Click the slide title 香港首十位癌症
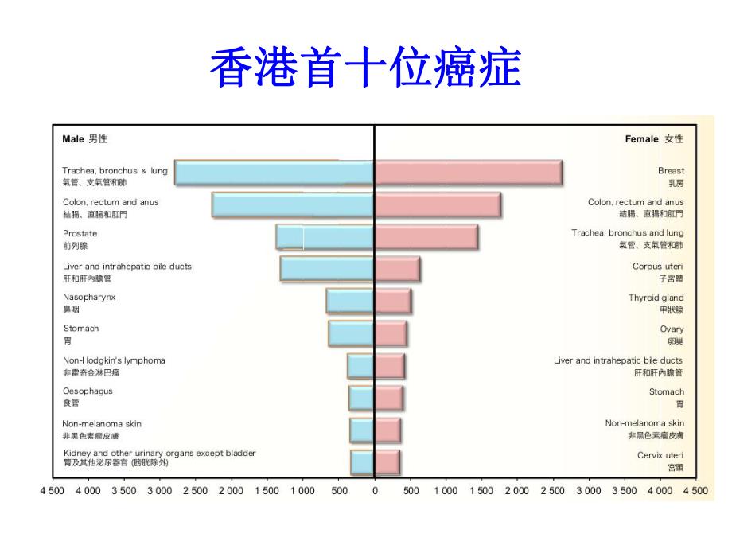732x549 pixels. click(x=365, y=68)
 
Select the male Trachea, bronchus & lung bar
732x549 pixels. click(x=274, y=173)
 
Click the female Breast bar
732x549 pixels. click(x=469, y=173)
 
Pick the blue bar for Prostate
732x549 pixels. click(x=325, y=237)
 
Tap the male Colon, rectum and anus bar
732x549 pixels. click(x=293, y=205)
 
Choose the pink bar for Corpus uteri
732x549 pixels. click(x=397, y=270)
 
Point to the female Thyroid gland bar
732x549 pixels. click(x=393, y=302)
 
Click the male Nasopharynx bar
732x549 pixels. click(x=350, y=302)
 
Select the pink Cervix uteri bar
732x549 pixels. click(x=387, y=461)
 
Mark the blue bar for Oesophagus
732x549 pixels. click(x=361, y=398)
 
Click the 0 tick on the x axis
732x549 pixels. click(x=375, y=491)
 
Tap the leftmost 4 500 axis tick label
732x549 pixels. click(x=53, y=491)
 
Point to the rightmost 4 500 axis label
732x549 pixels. click(x=695, y=491)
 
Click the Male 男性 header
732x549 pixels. click(x=84, y=139)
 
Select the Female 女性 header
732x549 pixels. click(x=654, y=139)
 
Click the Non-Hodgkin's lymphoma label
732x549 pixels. click(x=114, y=360)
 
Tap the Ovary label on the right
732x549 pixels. click(x=672, y=329)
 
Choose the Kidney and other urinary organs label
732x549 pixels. click(x=159, y=454)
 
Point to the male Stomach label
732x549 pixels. click(x=81, y=329)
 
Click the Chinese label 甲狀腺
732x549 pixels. click(x=671, y=310)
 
